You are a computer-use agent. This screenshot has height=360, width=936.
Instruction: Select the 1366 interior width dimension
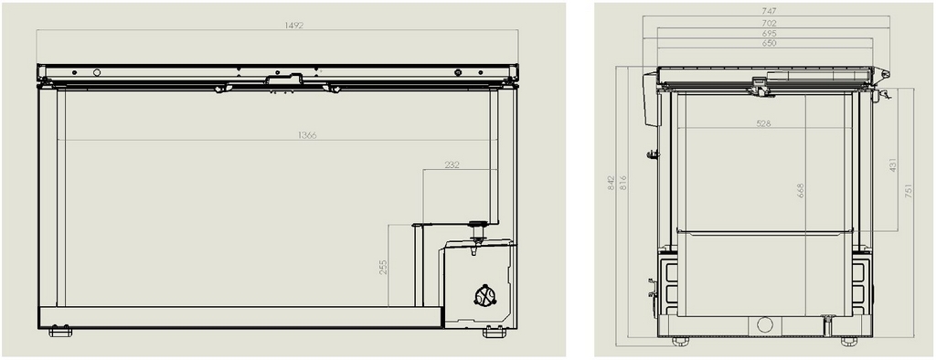coord(307,135)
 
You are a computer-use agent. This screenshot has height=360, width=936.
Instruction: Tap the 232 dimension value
coord(452,164)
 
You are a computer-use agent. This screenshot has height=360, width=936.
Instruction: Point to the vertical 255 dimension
coord(383,266)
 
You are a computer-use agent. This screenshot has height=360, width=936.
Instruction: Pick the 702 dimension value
coord(769,23)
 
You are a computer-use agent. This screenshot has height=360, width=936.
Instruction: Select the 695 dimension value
coord(769,34)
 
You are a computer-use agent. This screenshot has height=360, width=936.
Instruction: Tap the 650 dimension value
coord(769,44)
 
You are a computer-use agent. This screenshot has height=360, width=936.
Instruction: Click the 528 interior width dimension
coord(763,123)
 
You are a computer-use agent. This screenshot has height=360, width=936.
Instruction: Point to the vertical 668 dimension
coord(801,190)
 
